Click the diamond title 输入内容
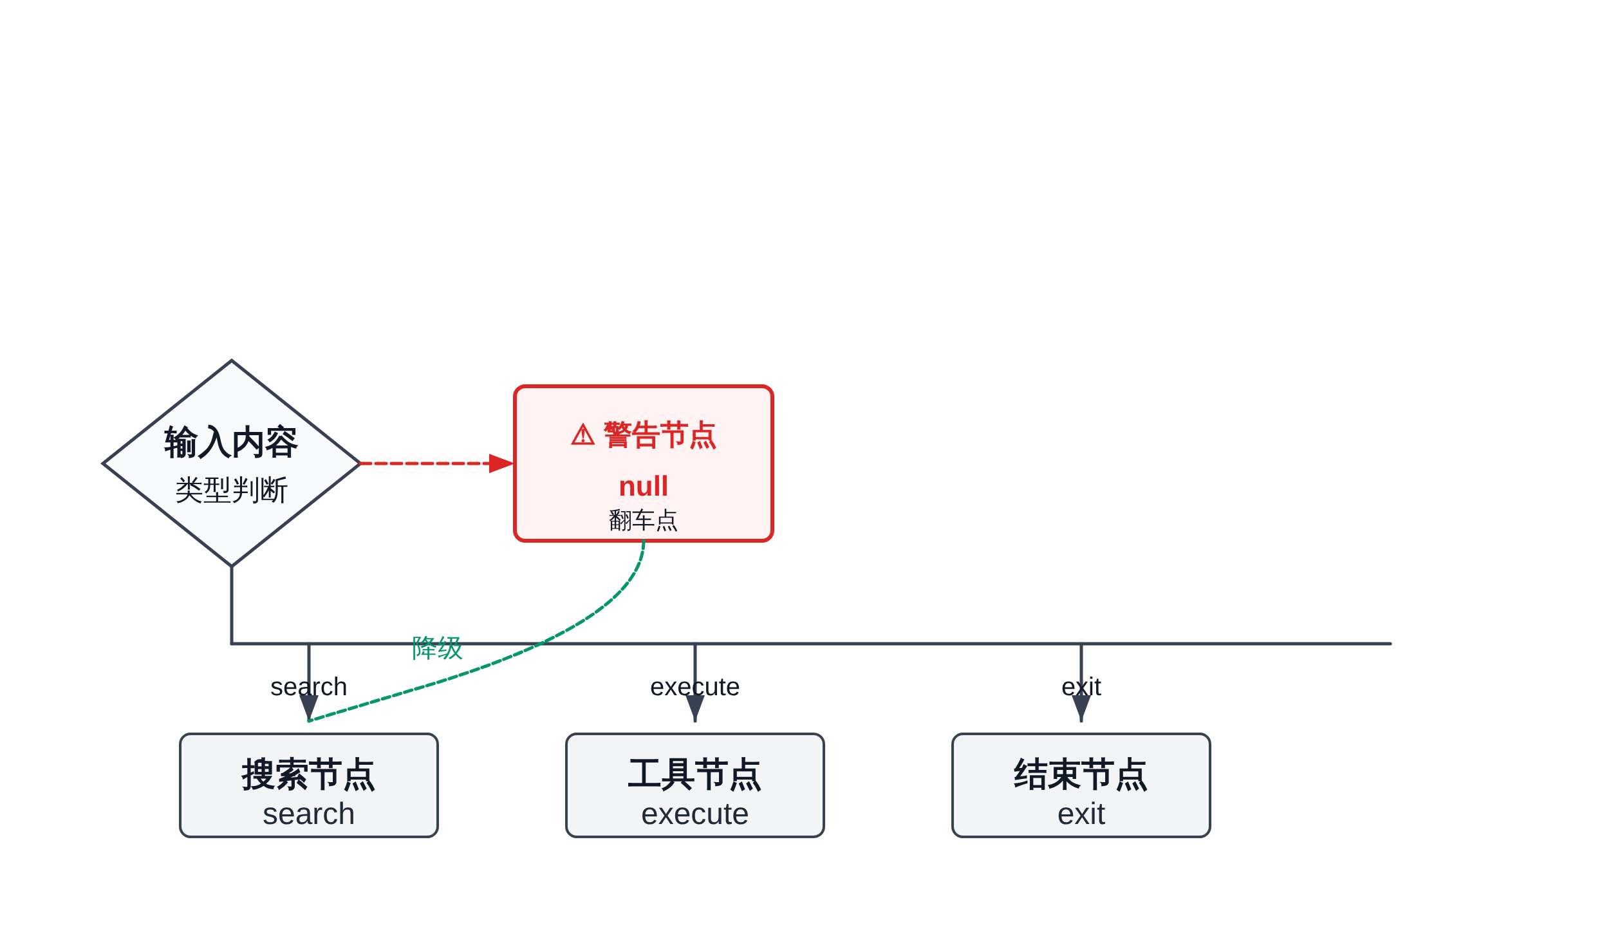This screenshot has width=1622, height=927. pyautogui.click(x=230, y=443)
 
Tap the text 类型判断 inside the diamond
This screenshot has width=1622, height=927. pyautogui.click(x=231, y=491)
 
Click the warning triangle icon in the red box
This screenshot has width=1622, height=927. pyautogui.click(x=583, y=435)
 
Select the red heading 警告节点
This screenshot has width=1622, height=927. pyautogui.click(x=660, y=435)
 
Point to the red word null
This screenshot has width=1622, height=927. pyautogui.click(x=643, y=486)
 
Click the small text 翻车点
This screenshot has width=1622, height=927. pyautogui.click(x=643, y=520)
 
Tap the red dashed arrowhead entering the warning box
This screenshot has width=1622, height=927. pyautogui.click(x=501, y=464)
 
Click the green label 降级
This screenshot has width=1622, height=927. pyautogui.click(x=437, y=648)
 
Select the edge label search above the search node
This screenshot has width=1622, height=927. pyautogui.click(x=308, y=687)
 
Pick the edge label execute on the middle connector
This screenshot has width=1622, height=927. pyautogui.click(x=694, y=687)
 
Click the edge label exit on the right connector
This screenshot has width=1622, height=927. pyautogui.click(x=1081, y=687)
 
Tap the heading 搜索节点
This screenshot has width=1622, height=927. pyautogui.click(x=308, y=774)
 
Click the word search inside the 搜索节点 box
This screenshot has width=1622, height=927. pyautogui.click(x=308, y=814)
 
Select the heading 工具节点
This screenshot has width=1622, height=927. pyautogui.click(x=694, y=774)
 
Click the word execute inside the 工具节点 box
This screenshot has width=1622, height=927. pyautogui.click(x=694, y=814)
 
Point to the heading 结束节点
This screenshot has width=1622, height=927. pyautogui.click(x=1081, y=774)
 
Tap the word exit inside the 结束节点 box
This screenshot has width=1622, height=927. pyautogui.click(x=1081, y=814)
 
